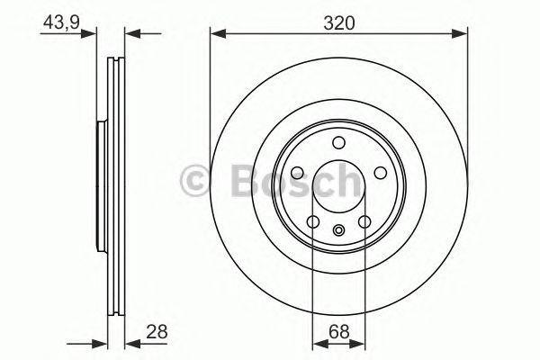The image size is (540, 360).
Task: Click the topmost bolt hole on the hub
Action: point(339,142)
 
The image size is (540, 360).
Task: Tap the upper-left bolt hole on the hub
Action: point(297,173)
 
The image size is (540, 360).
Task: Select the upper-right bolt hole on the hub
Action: point(382,173)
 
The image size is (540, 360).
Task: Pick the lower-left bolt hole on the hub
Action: point(313,222)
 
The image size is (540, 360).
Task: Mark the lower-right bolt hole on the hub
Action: point(365,222)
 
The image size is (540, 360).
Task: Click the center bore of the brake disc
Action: point(339,187)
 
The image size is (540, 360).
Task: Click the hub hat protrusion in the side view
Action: point(99,187)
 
